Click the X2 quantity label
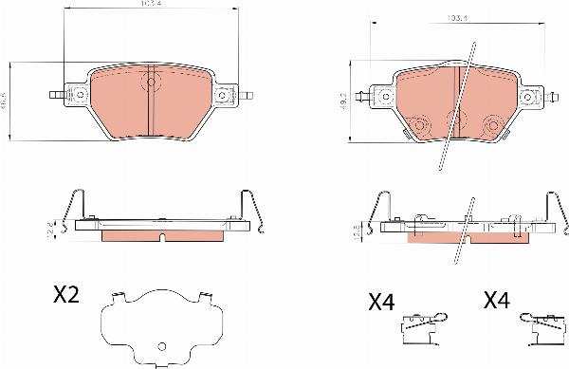click(x=64, y=294)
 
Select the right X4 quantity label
click(x=497, y=302)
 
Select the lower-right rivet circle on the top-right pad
click(x=493, y=122)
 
